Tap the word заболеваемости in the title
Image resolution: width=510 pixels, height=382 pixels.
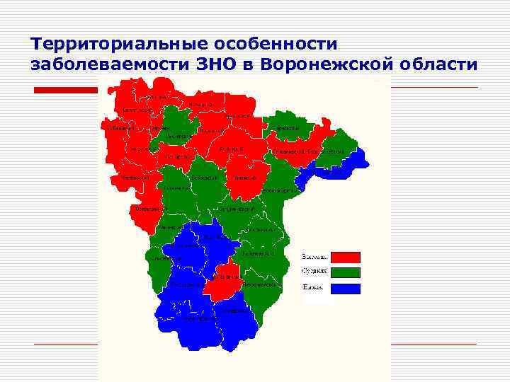point(110,65)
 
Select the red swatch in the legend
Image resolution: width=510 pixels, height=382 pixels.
point(345,257)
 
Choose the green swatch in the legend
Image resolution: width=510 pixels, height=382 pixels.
point(345,272)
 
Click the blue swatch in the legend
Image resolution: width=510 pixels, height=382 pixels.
point(345,289)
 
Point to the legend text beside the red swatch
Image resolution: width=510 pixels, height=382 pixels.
point(314,256)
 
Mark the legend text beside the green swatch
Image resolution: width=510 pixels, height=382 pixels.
point(314,272)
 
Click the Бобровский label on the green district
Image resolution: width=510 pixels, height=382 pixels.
point(203,178)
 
